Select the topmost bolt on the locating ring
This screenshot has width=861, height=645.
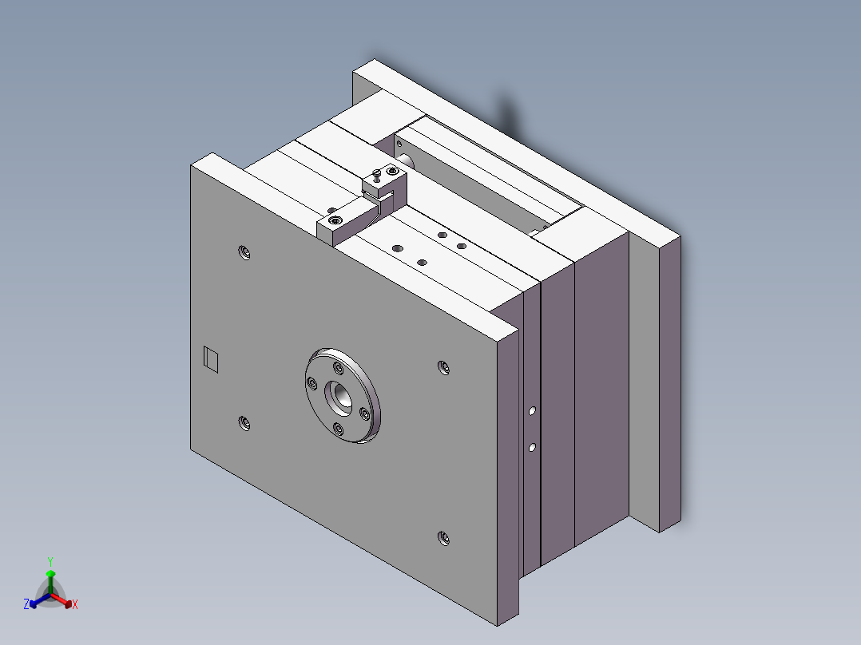click(339, 368)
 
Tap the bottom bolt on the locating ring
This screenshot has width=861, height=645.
click(339, 429)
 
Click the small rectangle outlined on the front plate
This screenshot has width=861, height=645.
click(211, 359)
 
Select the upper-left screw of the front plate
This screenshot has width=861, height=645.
click(244, 253)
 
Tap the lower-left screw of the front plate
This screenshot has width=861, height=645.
click(244, 422)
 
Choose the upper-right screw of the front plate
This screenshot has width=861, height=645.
click(443, 367)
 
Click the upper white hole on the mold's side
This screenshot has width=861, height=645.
click(532, 413)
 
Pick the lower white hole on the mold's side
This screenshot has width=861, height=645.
click(532, 448)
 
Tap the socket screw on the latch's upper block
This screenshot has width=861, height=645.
click(391, 171)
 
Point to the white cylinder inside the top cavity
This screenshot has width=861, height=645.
click(407, 162)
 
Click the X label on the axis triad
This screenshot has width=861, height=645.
click(75, 605)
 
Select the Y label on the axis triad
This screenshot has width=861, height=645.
click(50, 561)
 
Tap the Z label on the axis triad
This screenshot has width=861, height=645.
click(26, 605)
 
